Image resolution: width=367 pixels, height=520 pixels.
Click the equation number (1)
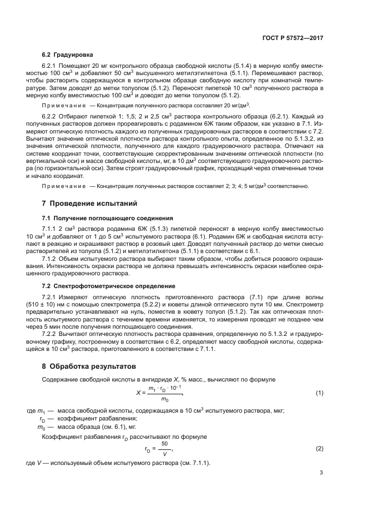[319, 393]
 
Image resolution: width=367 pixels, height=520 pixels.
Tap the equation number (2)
[319, 448]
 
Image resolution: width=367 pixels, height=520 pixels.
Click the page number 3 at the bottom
[321, 473]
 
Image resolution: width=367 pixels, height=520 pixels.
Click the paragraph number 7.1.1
[51, 229]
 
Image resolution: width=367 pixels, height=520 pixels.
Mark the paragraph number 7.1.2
[51, 259]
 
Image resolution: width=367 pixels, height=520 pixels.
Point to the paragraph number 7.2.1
[51, 297]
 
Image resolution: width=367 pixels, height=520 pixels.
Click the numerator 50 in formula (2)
[164, 444]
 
